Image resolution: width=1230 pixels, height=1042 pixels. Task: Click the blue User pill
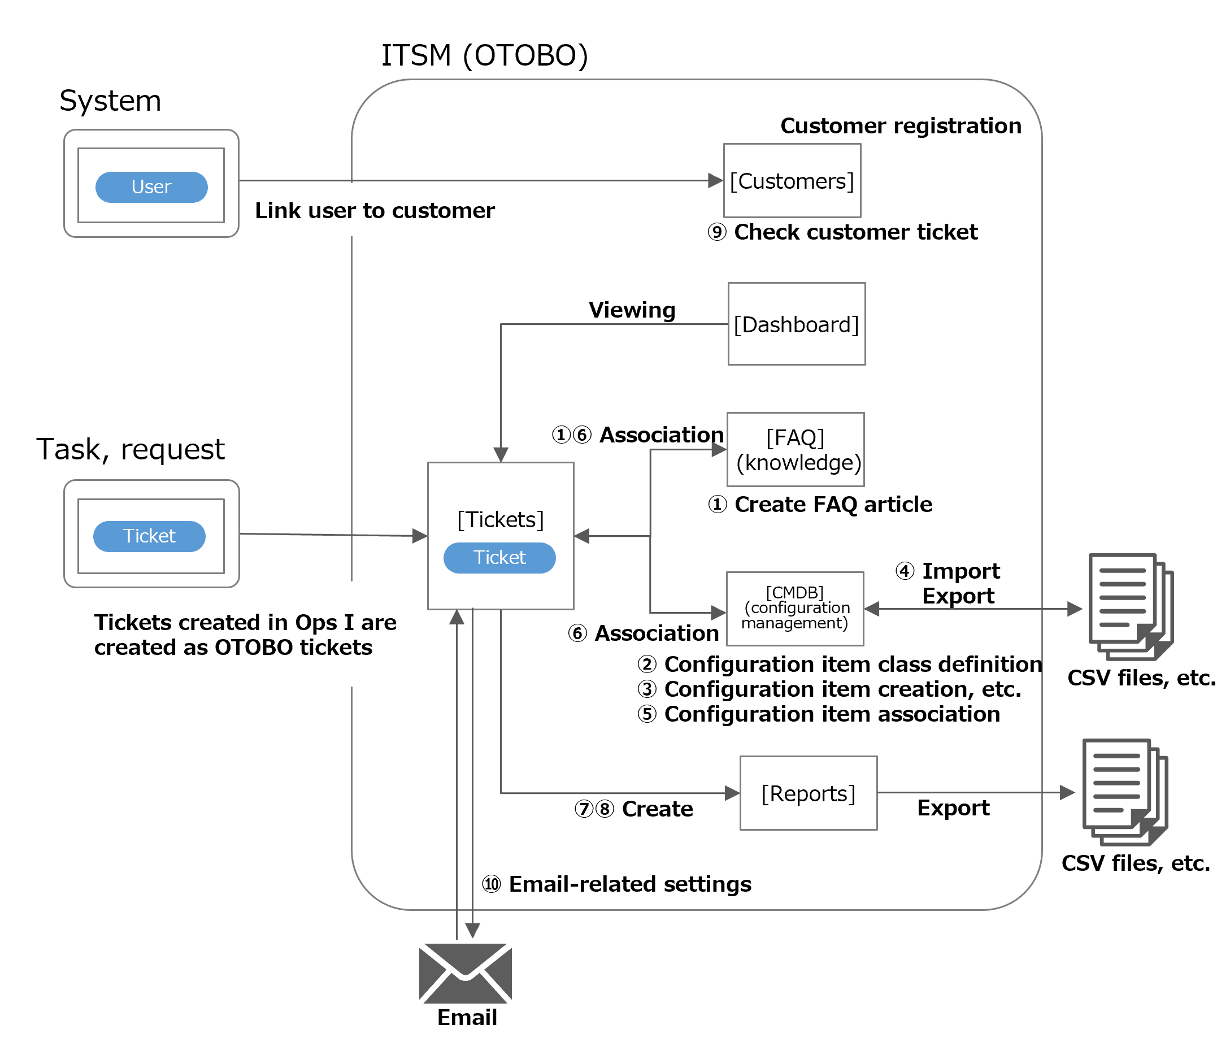(x=151, y=187)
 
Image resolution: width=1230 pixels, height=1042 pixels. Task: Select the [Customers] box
(x=792, y=181)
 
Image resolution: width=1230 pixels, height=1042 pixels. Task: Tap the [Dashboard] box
(x=796, y=324)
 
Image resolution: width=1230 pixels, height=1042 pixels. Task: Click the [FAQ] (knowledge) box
(x=796, y=450)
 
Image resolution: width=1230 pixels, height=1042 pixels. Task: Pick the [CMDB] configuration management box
(x=795, y=609)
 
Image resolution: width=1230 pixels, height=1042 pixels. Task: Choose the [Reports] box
(x=808, y=793)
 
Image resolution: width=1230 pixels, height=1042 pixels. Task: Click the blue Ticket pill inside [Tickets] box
(x=499, y=558)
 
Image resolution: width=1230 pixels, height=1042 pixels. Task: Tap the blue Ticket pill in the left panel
(x=149, y=536)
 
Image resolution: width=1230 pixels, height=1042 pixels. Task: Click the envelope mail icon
(x=466, y=973)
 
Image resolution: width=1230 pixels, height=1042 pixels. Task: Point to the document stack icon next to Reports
(x=1123, y=792)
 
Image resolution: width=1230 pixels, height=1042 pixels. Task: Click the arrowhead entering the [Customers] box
(x=716, y=181)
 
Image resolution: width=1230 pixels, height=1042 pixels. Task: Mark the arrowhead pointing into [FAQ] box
(x=719, y=450)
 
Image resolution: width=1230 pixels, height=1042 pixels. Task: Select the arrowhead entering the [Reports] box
(x=732, y=793)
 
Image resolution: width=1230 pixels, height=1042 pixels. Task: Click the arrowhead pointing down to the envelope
(x=472, y=930)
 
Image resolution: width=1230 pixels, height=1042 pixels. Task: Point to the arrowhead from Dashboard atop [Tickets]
(x=501, y=454)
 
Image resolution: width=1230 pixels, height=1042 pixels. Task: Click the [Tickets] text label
(x=500, y=520)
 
